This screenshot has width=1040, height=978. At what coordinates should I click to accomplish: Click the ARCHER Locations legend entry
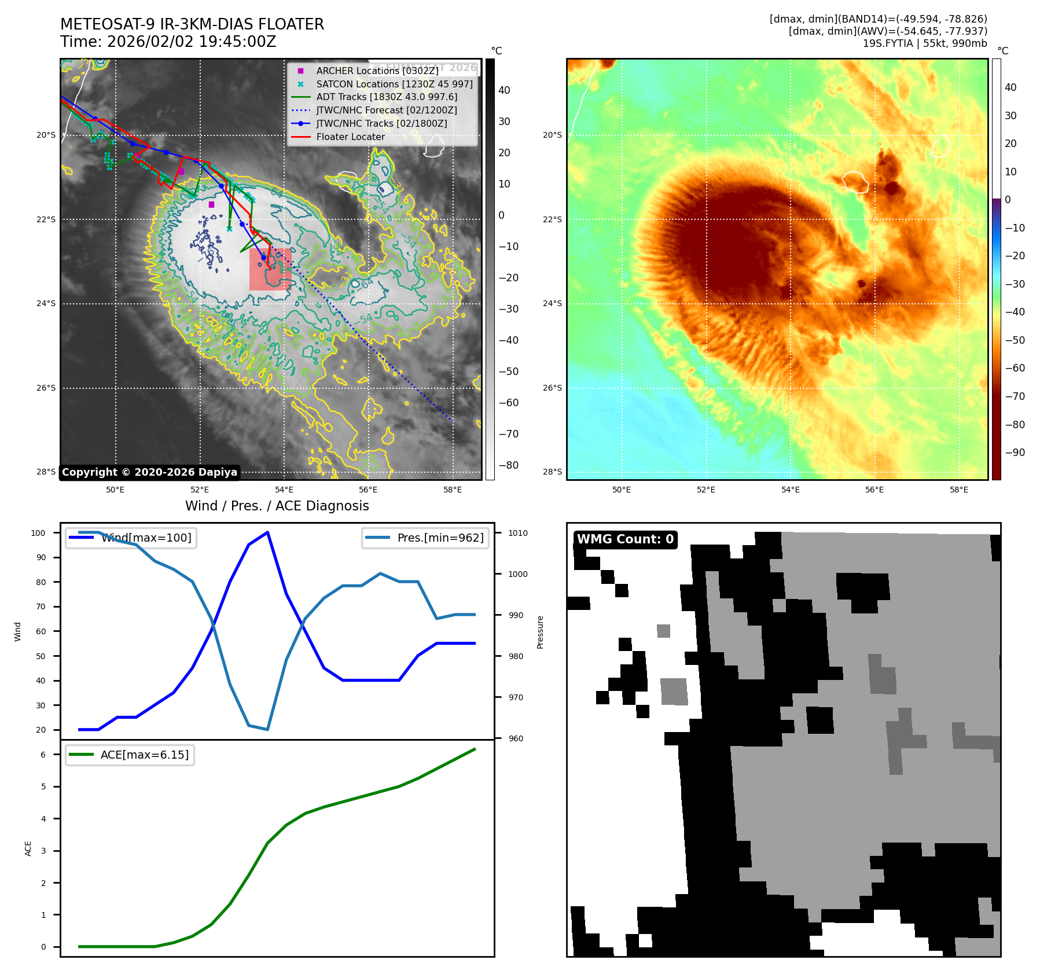point(377,71)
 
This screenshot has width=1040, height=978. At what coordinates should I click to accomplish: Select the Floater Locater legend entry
point(350,137)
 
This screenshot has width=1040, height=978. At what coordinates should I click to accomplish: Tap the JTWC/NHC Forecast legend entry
point(386,110)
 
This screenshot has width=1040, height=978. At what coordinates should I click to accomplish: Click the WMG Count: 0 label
point(625,539)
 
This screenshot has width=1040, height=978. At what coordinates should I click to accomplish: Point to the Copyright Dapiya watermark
point(149,472)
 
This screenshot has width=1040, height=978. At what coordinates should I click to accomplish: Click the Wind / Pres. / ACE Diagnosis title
point(277,506)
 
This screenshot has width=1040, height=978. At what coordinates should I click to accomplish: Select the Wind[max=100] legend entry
point(146,538)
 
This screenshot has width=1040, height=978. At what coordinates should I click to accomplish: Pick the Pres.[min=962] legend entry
point(440,538)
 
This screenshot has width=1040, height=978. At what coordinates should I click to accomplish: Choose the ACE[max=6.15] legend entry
point(144,755)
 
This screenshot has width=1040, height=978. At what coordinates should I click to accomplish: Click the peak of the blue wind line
point(267,532)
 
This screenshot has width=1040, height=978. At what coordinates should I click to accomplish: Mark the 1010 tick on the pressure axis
point(518,533)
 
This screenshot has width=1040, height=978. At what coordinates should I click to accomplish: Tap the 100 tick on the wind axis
point(38,533)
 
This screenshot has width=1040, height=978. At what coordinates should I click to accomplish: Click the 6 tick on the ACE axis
point(43,755)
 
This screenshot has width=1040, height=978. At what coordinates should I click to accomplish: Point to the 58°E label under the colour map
point(958,490)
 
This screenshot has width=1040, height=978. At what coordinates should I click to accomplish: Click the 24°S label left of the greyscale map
point(46,304)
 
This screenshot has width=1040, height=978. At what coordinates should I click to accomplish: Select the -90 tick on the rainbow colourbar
point(1015,453)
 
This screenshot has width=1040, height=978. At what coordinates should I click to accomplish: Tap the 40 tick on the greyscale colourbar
point(504,90)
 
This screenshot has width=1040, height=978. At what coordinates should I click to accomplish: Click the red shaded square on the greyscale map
point(270,270)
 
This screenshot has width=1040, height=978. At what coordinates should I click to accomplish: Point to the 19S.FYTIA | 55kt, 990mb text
point(925,43)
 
